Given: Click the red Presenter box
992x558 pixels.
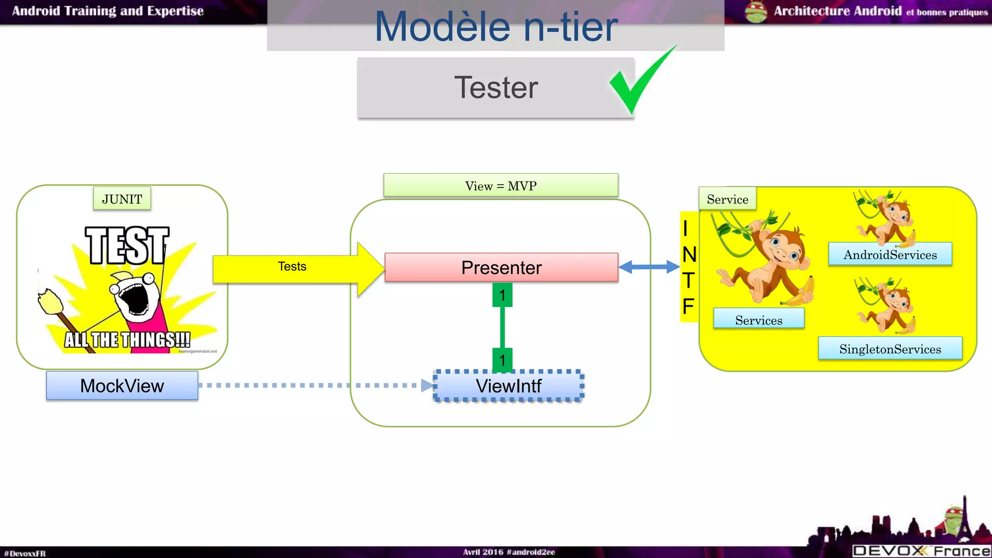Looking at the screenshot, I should (501, 267).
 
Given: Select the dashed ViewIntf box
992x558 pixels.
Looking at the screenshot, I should (508, 386).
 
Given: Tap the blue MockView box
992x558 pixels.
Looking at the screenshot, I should (122, 386).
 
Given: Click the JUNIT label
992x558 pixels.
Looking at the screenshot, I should (122, 199).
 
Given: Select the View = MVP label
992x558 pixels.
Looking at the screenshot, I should (501, 186).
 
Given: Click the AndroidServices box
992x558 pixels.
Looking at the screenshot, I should (890, 255).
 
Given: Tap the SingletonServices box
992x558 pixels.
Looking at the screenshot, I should (890, 349).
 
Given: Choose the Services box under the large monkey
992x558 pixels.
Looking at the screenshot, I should (759, 320).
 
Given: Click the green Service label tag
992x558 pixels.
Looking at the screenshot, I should (727, 199).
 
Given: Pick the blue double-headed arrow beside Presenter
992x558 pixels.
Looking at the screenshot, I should (649, 267).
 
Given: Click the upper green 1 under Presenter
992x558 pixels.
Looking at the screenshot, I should (502, 295).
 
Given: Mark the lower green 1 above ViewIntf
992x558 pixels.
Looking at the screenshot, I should (502, 360).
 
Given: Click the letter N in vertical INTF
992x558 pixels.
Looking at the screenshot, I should (689, 255).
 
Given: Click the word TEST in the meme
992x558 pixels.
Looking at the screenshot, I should (127, 246).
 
